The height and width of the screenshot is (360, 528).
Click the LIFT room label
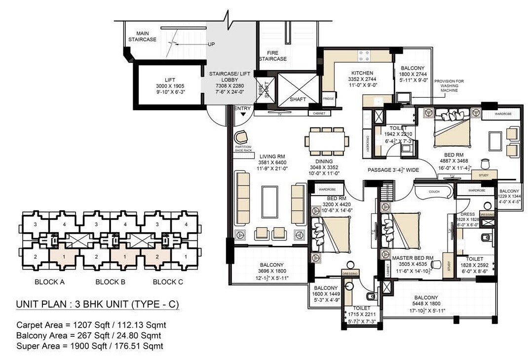(169, 80)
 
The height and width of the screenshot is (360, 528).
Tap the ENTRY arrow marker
(243, 114)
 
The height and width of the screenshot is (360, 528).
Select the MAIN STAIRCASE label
(142, 36)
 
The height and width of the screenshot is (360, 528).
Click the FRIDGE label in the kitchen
(329, 99)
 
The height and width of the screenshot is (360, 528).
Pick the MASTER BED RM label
(413, 258)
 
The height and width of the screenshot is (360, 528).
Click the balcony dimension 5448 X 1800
(425, 304)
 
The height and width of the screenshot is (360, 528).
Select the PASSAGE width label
(393, 170)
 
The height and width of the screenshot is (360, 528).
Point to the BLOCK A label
(49, 282)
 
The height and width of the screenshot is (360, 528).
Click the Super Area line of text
(90, 346)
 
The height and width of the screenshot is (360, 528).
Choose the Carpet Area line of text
(91, 325)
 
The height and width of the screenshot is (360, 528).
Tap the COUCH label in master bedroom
(434, 192)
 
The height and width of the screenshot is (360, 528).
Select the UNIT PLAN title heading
(98, 304)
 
